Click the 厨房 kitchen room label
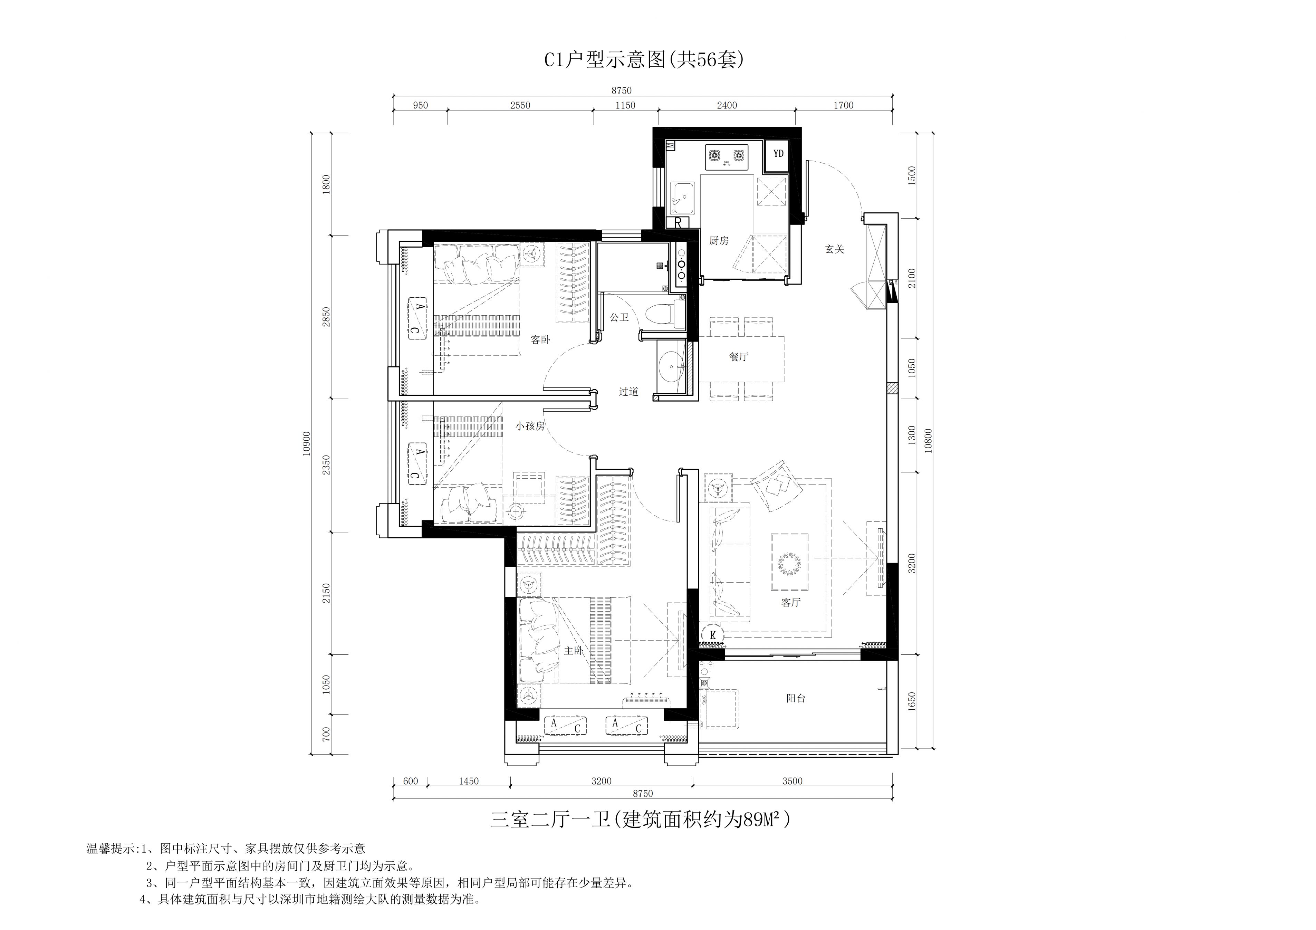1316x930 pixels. [718, 241]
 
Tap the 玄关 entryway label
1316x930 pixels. [835, 249]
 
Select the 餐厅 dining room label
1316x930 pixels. [739, 357]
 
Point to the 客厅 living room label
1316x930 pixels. [790, 602]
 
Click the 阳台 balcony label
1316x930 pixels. [796, 698]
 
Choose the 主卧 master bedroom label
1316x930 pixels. [574, 651]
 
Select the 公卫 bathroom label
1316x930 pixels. [619, 317]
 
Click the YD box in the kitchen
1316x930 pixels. [778, 154]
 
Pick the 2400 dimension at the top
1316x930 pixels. [727, 105]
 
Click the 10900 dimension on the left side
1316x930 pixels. [307, 443]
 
